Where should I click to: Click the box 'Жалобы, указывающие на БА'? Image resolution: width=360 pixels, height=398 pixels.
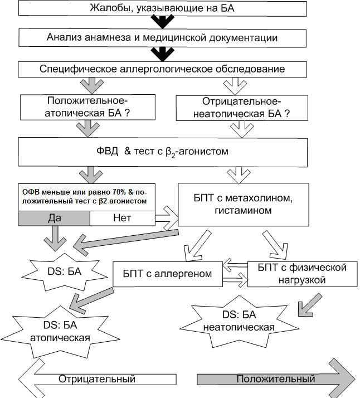(162, 8)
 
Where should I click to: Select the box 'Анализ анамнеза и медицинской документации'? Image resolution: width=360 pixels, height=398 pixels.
(162, 38)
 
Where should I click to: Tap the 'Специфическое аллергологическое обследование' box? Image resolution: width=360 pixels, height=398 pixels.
(162, 69)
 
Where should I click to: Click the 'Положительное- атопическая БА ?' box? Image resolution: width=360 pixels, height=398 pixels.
(87, 107)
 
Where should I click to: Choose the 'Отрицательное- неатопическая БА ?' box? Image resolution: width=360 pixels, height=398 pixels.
(242, 108)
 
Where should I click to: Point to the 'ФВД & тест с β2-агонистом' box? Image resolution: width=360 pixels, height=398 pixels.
(163, 152)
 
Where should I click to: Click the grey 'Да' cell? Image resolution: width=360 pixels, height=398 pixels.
(54, 219)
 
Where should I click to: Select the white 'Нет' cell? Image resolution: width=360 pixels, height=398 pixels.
(122, 219)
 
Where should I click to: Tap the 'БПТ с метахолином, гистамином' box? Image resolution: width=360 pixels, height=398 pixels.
(244, 205)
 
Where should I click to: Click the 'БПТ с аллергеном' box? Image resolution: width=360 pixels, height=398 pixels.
(167, 274)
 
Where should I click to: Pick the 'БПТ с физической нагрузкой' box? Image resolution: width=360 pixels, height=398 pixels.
(302, 274)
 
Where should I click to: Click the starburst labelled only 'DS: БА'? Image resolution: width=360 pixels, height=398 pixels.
(65, 272)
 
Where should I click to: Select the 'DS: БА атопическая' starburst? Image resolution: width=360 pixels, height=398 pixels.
(60, 332)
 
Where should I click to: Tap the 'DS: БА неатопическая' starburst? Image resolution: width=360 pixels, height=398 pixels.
(239, 321)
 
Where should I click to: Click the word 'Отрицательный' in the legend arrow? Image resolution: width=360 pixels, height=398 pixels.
(97, 379)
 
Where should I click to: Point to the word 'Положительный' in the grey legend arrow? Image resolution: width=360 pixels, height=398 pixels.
(276, 379)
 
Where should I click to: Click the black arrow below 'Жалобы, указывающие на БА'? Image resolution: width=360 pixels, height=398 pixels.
(163, 22)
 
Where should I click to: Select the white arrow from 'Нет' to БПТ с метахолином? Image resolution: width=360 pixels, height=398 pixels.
(167, 219)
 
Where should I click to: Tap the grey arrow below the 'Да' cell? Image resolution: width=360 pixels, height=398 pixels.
(55, 239)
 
